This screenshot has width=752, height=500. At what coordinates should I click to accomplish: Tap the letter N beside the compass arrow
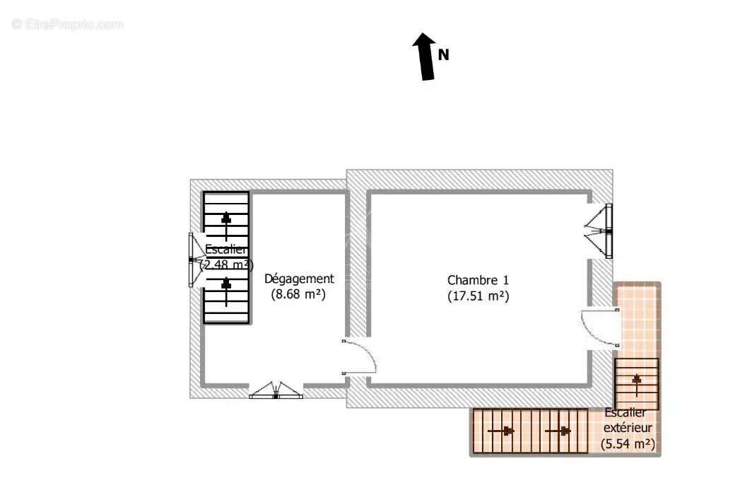click(444, 54)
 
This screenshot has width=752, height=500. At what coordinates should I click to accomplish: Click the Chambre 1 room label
click(478, 280)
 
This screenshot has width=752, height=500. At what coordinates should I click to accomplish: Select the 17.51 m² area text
click(478, 296)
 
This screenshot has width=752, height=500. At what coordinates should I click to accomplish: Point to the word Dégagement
click(299, 279)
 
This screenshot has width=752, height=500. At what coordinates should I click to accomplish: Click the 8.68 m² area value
click(298, 295)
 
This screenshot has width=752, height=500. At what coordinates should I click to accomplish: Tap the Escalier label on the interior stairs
click(226, 249)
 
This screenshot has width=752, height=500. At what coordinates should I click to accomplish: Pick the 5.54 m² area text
click(628, 444)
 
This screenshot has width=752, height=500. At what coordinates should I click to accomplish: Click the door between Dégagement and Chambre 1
click(359, 357)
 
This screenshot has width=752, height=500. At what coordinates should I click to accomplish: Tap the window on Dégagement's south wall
click(276, 391)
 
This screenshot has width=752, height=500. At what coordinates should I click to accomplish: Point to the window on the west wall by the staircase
click(192, 260)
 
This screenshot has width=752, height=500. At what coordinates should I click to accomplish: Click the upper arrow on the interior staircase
click(226, 219)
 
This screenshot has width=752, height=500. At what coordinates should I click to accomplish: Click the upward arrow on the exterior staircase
click(636, 382)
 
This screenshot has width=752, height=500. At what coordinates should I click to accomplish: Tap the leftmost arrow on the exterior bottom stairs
click(505, 431)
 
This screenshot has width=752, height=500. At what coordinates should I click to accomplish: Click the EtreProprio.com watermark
click(68, 24)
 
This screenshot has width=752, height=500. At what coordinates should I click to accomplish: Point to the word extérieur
click(628, 428)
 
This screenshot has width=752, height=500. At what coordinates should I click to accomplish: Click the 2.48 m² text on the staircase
click(226, 265)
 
